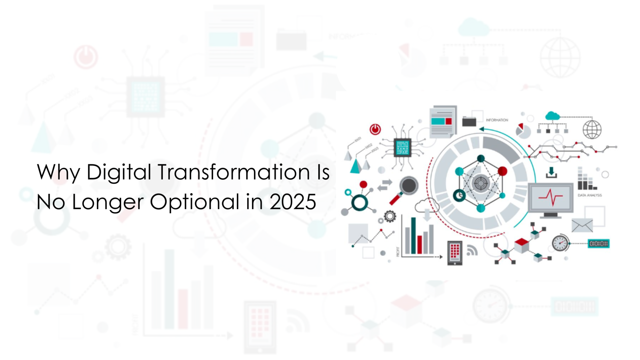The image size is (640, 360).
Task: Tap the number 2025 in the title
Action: tap(292, 202)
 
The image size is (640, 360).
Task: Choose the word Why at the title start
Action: tap(58, 172)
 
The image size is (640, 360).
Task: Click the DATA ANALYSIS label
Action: tap(590, 195)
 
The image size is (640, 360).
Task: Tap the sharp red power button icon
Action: tap(375, 129)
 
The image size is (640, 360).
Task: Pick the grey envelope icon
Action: tap(582, 225)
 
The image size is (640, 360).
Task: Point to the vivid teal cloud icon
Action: tap(552, 116)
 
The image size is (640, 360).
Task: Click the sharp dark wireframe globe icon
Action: tap(592, 129)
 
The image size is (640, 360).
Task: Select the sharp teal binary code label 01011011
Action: tap(598, 243)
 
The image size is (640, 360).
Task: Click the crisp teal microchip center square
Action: tap(402, 147)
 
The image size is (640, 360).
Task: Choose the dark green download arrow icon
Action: tap(551, 172)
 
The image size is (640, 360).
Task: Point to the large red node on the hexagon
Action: tap(502, 171)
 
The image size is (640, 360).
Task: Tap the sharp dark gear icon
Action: tap(390, 216)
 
